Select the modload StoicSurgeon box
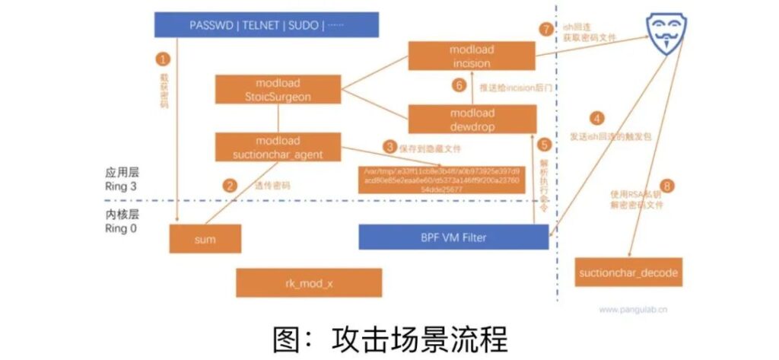tap(278, 89)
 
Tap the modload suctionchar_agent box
tap(278, 148)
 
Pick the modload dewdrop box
tap(472, 120)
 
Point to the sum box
tap(205, 239)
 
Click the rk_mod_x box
tap(308, 282)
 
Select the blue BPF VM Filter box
tap(454, 237)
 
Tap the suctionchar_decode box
tap(628, 272)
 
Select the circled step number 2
tap(227, 184)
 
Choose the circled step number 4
tap(598, 119)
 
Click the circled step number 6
tap(458, 86)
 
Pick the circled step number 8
tap(669, 184)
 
